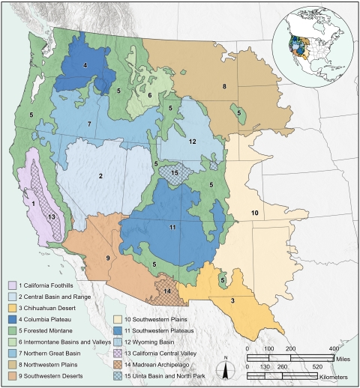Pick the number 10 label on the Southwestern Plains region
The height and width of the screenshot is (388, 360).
[x=254, y=213]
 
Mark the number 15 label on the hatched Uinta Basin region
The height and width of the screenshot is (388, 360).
[x=175, y=174]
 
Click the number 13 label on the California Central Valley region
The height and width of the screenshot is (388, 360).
[x=51, y=216]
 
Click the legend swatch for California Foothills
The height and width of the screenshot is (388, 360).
[x=13, y=285]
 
